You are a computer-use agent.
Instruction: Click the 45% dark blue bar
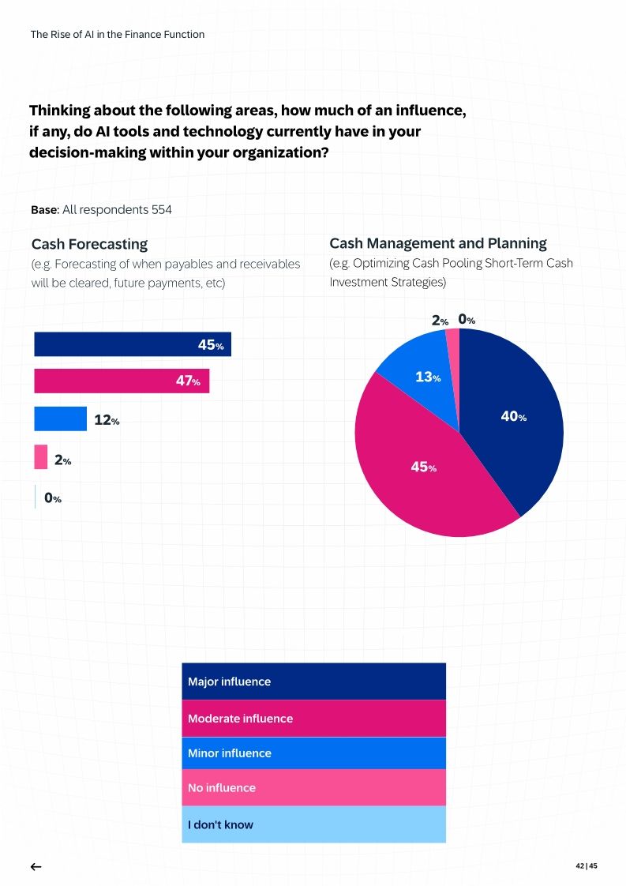132,344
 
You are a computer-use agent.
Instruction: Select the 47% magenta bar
122,381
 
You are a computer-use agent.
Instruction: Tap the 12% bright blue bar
60,419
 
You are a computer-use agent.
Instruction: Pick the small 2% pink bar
41,458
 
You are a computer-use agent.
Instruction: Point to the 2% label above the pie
440,321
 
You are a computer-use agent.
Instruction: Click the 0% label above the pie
467,321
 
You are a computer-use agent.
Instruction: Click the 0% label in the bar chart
53,498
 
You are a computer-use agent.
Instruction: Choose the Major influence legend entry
313,681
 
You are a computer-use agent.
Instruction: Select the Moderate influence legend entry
313,719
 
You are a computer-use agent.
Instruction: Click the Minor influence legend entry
313,753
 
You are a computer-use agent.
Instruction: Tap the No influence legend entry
313,788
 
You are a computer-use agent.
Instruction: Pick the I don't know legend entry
313,824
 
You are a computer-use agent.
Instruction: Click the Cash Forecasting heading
89,244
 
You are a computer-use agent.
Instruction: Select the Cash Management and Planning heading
437,243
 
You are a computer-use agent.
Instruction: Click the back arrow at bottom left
36,866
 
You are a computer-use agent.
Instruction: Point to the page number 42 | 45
587,866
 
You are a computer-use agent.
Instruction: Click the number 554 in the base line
162,210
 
